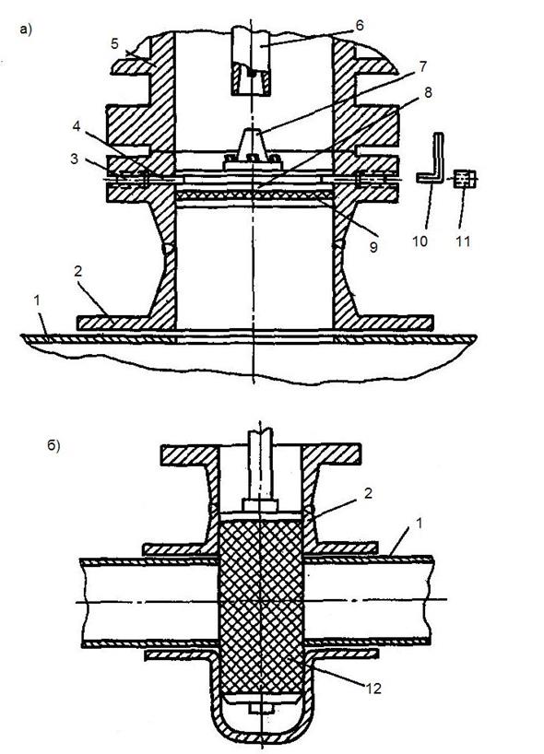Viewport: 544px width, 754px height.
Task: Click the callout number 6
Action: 360,25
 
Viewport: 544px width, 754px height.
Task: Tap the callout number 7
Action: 423,65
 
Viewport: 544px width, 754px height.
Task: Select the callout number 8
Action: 428,92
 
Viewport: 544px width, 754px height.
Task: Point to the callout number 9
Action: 373,247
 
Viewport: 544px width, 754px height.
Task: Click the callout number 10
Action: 420,241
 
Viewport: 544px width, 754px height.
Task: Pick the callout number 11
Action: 463,241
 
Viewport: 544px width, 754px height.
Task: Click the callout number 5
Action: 114,43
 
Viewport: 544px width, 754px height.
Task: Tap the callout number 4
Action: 77,127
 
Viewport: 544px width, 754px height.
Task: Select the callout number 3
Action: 74,159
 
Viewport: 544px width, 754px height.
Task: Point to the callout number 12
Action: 373,689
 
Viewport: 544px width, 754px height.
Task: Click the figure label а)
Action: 26,29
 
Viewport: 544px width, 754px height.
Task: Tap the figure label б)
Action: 53,446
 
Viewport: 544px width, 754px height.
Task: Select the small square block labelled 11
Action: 465,179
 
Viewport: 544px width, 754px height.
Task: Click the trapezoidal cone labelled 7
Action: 252,143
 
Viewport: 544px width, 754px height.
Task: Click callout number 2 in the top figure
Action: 78,272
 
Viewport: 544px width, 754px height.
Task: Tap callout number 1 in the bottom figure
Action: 419,524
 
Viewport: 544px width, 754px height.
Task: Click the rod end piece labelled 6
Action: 251,60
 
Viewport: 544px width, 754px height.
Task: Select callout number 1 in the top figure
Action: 37,301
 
